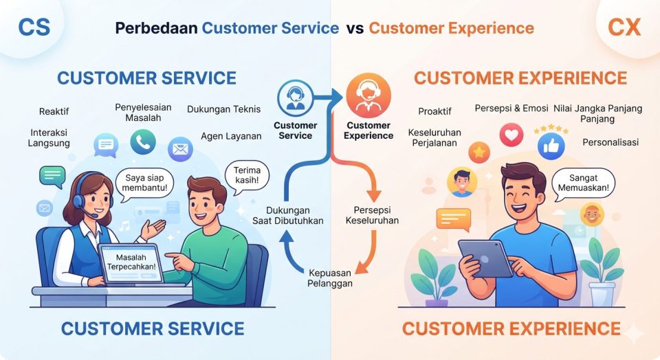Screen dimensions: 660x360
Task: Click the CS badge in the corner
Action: tap(34, 27)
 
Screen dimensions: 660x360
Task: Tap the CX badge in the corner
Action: tap(624, 27)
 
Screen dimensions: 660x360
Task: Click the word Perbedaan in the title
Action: tap(156, 28)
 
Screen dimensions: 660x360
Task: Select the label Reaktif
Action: tap(54, 111)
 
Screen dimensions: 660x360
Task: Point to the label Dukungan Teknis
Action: tap(224, 109)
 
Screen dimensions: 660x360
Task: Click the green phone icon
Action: tap(143, 142)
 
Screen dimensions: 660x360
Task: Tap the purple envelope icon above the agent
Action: tap(180, 149)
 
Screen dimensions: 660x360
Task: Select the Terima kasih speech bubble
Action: tap(247, 176)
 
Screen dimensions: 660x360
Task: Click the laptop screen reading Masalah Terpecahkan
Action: tap(131, 263)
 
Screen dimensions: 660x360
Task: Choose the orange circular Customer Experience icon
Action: tap(368, 95)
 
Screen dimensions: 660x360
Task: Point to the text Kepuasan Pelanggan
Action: tap(330, 278)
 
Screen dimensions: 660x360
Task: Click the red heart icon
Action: tap(511, 135)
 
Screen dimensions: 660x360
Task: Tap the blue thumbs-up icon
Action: tap(551, 146)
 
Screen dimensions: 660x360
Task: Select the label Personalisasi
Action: tap(610, 142)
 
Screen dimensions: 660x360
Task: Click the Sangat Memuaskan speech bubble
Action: tap(584, 183)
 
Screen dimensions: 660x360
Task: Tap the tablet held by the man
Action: tap(485, 258)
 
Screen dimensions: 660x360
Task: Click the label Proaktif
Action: tap(434, 111)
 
